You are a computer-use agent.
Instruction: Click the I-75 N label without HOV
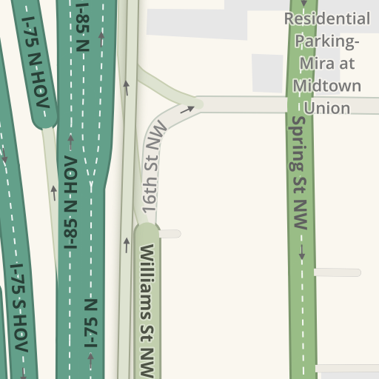pos(92,323)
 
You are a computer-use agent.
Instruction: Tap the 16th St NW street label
pos(155,171)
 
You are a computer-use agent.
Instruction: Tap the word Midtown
pos(327,86)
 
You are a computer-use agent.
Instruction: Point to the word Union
pos(327,108)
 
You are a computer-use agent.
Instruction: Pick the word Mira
pos(313,64)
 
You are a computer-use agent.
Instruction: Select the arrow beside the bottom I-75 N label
pos(91,360)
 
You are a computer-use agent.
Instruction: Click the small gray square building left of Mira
pos(267,73)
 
